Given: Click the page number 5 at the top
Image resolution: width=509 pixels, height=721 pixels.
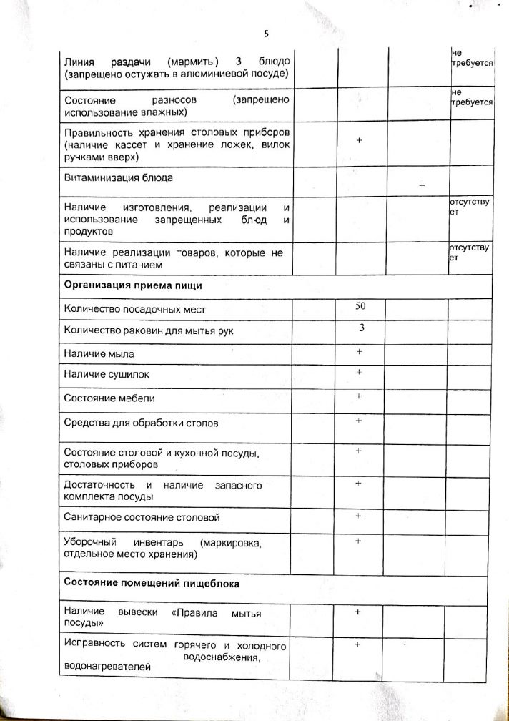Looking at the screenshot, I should coord(266,34).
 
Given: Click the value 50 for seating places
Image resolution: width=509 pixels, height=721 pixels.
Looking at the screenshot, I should coord(360,306).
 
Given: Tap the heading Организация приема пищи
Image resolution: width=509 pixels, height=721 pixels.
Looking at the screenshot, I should coord(133,285).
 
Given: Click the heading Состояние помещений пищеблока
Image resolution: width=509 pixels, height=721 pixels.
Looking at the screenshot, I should coord(152,583).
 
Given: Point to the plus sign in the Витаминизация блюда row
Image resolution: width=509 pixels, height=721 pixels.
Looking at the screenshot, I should coord(422,185).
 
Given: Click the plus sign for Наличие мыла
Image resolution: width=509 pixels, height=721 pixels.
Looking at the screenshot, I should coord(359,351).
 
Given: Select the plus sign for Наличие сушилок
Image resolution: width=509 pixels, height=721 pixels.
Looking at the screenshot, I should coord(359,372).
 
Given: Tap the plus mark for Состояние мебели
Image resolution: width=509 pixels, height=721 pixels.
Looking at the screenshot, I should coord(359,396).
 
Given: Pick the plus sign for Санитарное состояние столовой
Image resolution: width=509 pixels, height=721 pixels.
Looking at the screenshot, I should coord(359,515).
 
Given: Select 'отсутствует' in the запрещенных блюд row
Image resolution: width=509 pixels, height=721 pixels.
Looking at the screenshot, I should coord(469,207).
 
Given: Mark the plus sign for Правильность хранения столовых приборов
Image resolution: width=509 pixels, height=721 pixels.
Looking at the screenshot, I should coord(359,141).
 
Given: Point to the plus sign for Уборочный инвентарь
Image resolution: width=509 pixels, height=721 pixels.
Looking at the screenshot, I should coord(359,541).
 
